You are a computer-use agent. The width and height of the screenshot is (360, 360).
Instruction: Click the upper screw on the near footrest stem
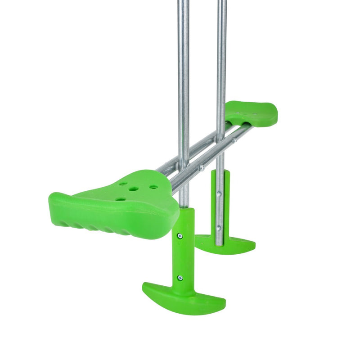pos(180,236)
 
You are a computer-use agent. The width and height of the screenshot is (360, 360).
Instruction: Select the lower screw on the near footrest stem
pos(180,278)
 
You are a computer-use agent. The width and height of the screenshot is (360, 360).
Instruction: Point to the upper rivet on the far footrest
pos(219,194)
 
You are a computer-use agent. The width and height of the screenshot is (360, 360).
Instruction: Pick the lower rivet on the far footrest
pos(219,228)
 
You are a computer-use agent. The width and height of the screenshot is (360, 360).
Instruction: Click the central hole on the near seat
pos(133,189)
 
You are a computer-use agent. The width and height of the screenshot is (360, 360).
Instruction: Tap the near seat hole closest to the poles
pos(153,187)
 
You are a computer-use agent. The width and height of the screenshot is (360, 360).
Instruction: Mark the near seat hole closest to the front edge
pos(120,198)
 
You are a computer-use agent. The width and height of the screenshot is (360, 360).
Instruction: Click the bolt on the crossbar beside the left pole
pos(202,167)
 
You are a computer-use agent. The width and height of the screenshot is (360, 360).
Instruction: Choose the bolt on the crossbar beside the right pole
pos(234,140)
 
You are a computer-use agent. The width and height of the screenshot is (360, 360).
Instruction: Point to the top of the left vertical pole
pos(183,2)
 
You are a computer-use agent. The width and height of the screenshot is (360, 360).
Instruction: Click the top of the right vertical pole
pos(221,2)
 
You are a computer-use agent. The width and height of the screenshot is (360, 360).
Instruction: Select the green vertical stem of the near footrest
pos(185,252)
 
